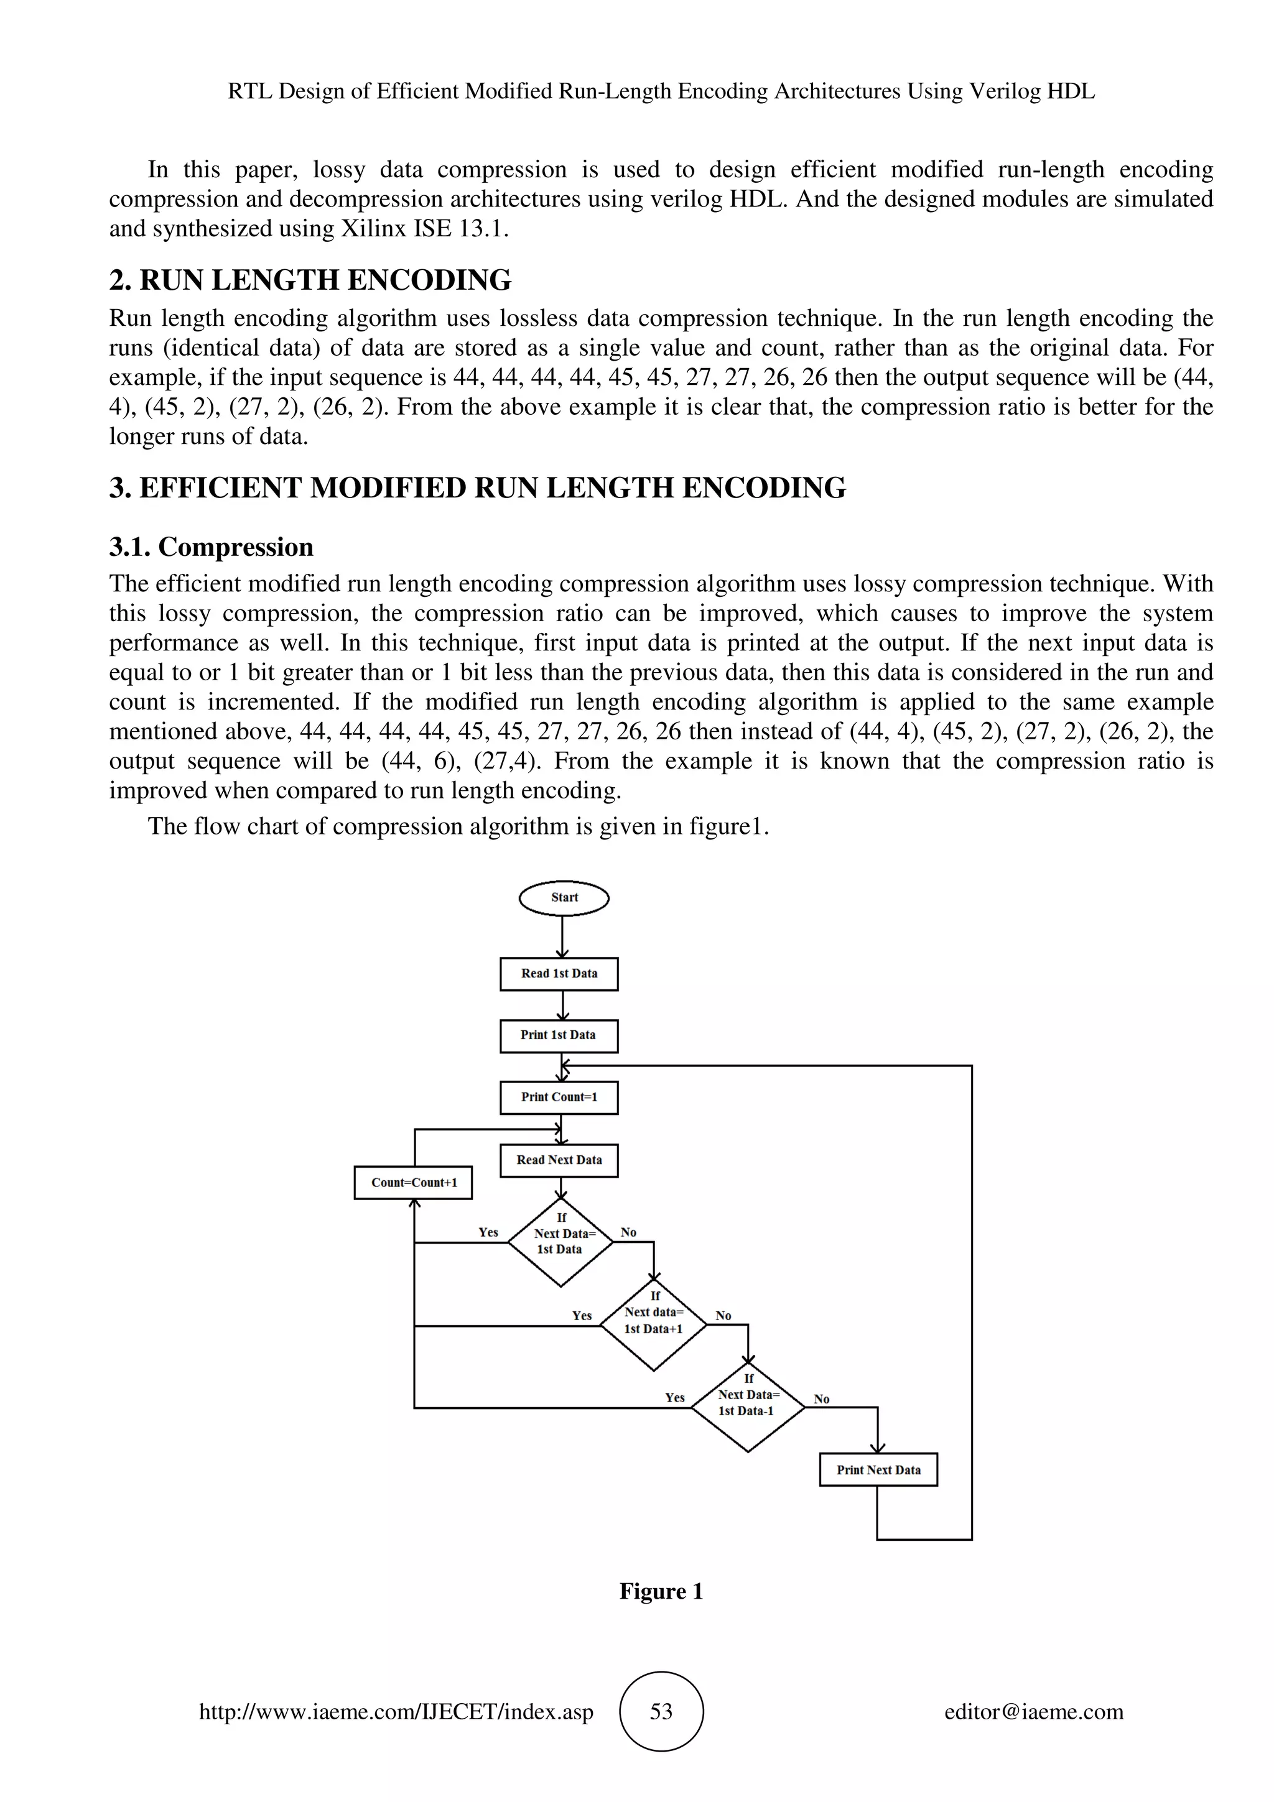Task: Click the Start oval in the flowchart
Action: (564, 898)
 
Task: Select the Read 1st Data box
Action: (559, 973)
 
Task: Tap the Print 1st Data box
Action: (559, 1035)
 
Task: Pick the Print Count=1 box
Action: (559, 1097)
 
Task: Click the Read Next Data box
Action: (559, 1160)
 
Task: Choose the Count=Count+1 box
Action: (413, 1183)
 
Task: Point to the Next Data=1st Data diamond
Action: (560, 1242)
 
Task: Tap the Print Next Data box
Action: (878, 1470)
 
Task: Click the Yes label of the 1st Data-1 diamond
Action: (674, 1398)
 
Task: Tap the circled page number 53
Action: (661, 1712)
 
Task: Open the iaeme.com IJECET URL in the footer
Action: (396, 1712)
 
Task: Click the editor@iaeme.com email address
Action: (1033, 1712)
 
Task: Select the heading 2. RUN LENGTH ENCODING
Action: (310, 280)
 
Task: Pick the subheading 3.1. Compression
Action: (211, 547)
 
